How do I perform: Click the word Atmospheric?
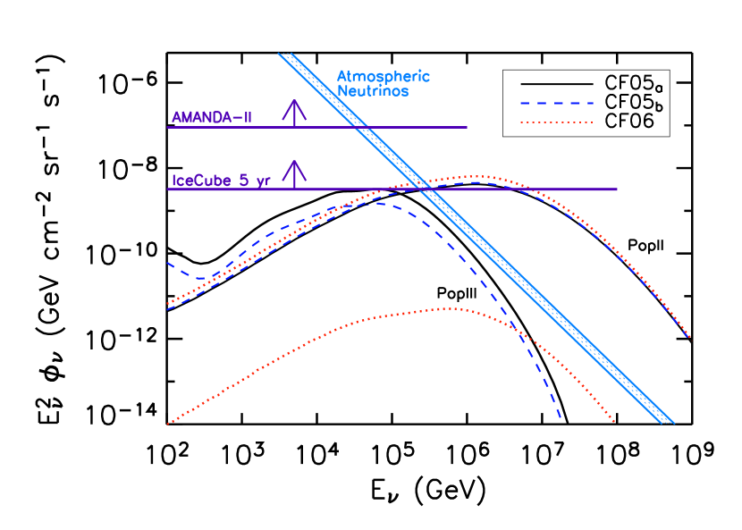coord(383,76)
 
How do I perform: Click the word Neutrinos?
coord(373,91)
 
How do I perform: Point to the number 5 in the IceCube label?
coord(242,181)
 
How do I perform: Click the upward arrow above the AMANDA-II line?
coord(294,112)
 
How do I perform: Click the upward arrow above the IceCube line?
coord(294,173)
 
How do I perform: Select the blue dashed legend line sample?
coord(556,104)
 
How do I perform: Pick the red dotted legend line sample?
coord(556,122)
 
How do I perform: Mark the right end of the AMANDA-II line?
coord(467,127)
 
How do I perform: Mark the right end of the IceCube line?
coord(617,189)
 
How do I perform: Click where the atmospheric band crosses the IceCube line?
coord(425,189)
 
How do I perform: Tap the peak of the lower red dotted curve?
coord(447,308)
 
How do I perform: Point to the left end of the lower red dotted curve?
coord(168,424)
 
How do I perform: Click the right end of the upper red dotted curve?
coord(690,337)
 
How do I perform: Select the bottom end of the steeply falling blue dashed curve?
coord(560,416)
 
